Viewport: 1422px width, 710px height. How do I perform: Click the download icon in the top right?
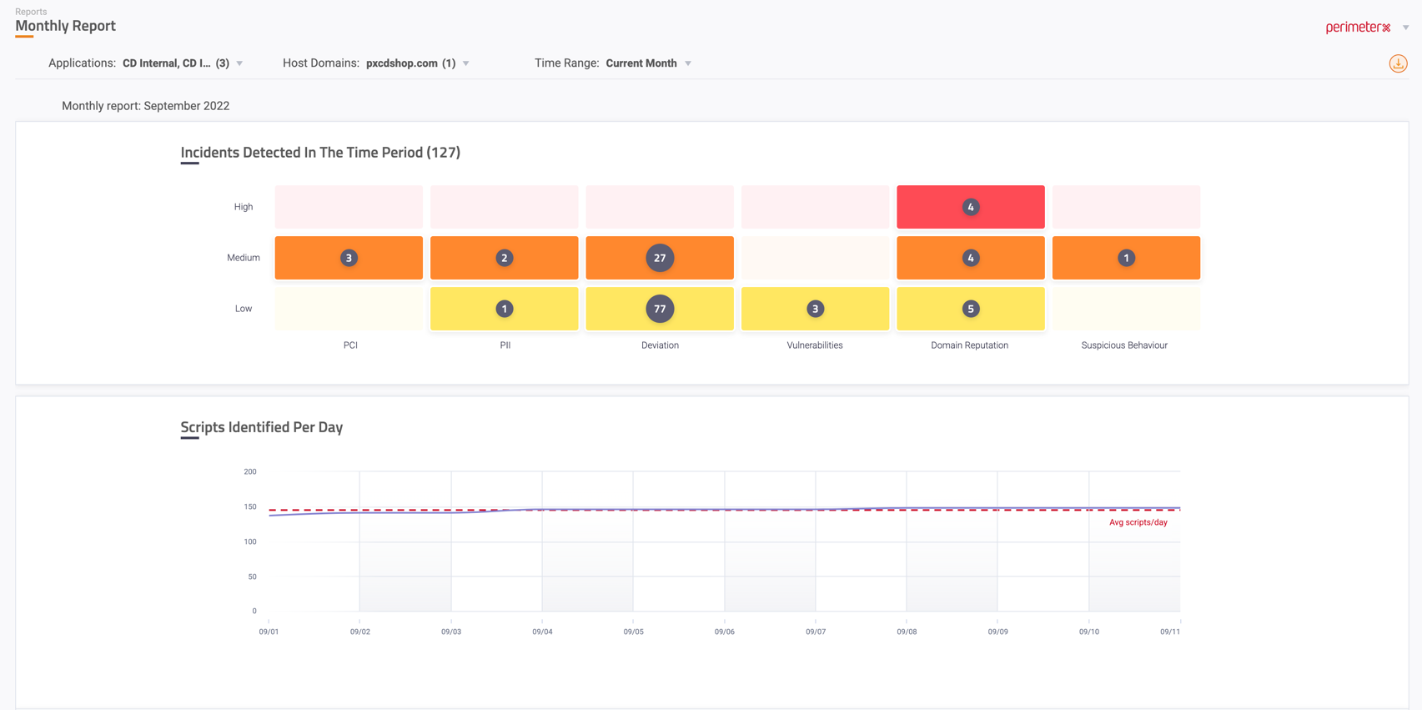(1398, 63)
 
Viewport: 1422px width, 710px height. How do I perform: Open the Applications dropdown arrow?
(240, 63)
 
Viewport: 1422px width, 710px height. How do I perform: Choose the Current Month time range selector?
(641, 63)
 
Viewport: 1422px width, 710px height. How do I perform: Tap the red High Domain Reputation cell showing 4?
(970, 207)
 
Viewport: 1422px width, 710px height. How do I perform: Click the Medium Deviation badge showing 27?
(660, 258)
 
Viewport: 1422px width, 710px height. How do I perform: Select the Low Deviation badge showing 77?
(660, 309)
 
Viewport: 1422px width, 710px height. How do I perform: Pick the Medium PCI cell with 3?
(349, 258)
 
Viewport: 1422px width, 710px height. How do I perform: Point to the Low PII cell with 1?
(504, 309)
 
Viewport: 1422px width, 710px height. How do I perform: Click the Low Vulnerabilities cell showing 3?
(815, 309)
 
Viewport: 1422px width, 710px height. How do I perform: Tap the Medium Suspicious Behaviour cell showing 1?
(1126, 258)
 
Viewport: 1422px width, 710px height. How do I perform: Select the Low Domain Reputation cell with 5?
(970, 309)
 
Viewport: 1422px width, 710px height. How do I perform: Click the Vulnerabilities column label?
(815, 345)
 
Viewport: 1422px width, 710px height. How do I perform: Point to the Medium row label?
(244, 258)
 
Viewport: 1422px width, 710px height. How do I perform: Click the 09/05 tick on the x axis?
(633, 632)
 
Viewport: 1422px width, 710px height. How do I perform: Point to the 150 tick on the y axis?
(250, 506)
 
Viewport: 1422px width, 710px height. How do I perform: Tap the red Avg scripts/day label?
(1138, 522)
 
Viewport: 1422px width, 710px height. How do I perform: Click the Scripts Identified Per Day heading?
(262, 427)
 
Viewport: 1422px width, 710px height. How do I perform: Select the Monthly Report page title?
(65, 26)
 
